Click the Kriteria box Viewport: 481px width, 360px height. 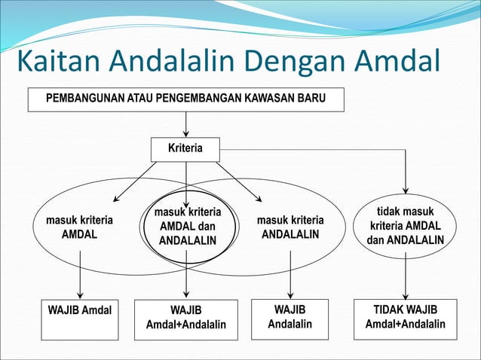[186, 149]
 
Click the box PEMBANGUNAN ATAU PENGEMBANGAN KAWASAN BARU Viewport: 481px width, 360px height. [185, 99]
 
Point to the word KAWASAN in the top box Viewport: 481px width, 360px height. [271, 99]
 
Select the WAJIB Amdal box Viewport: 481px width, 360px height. [80, 310]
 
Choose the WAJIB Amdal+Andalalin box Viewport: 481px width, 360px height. [186, 317]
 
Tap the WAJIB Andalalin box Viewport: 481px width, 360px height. [290, 317]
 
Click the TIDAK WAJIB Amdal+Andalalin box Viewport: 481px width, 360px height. [406, 317]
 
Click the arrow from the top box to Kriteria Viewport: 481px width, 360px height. [186, 124]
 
